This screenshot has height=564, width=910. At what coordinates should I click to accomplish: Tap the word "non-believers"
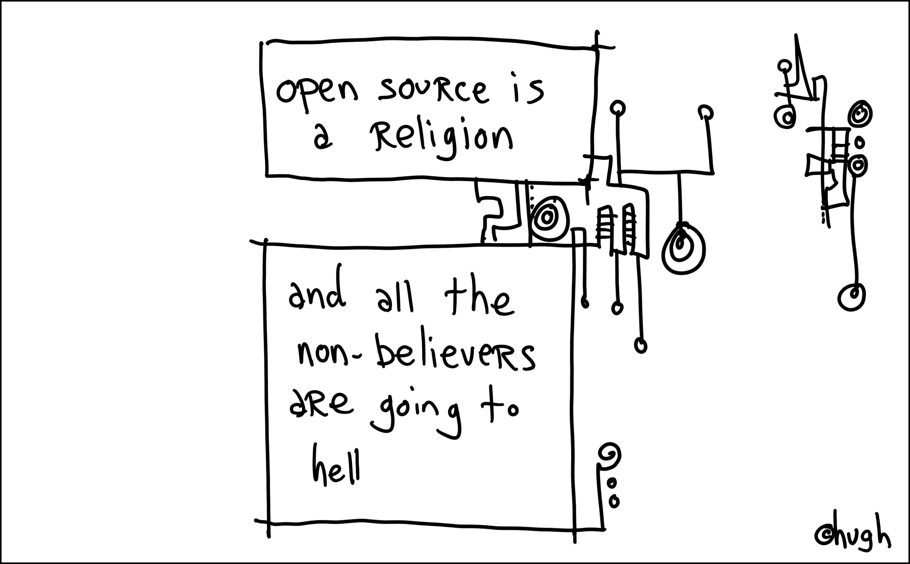(416, 352)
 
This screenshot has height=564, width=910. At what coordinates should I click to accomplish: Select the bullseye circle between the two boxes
(549, 218)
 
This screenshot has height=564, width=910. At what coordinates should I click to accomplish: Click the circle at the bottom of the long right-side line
(851, 297)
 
